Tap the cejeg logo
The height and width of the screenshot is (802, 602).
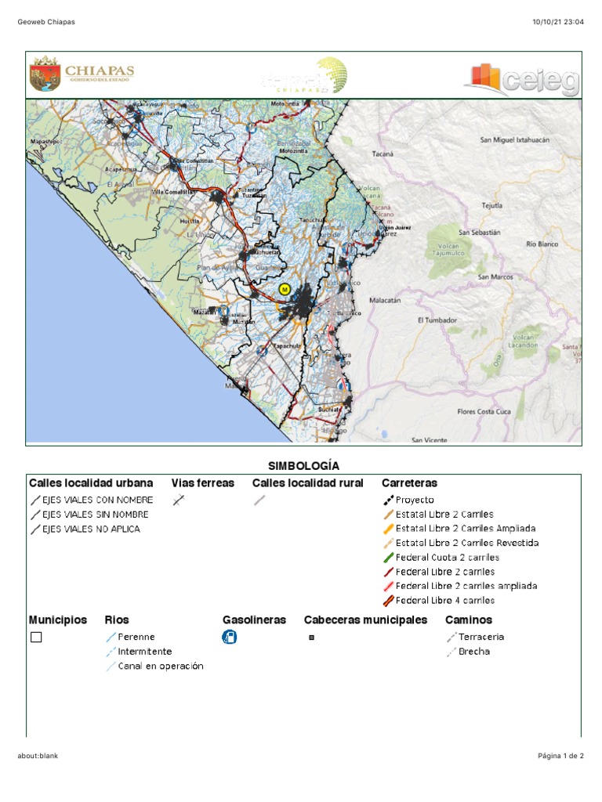coord(522,79)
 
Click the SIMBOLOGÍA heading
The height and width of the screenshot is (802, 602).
coord(304,466)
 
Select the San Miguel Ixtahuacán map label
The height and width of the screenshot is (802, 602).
coord(514,139)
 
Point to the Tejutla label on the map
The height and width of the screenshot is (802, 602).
coord(491,206)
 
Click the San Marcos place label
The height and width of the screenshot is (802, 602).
coord(495,276)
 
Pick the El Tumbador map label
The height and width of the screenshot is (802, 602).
coord(436,320)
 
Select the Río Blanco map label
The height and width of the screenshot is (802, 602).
coord(542,244)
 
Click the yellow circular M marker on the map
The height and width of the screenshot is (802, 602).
coord(285,289)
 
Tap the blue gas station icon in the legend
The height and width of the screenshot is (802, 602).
coord(229,637)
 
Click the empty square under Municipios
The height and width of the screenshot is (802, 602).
coord(36,637)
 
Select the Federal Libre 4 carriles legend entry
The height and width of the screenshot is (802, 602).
coord(444,601)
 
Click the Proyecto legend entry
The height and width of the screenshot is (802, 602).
coord(414,500)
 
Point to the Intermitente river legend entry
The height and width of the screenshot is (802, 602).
coord(144,652)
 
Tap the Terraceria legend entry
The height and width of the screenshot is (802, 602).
coord(481,637)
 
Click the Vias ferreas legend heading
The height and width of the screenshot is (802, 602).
coord(202,483)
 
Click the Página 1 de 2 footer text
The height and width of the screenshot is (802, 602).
coord(560,756)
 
